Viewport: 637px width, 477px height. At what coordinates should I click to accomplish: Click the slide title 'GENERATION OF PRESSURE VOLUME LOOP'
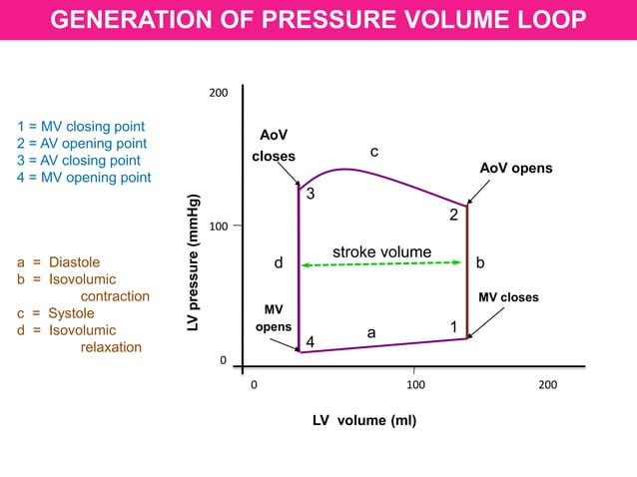point(318,20)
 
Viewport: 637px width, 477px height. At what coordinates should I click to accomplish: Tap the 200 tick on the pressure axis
point(218,93)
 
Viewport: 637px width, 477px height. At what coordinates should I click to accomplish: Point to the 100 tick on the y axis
point(218,228)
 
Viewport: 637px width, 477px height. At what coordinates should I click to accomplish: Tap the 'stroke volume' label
point(381,252)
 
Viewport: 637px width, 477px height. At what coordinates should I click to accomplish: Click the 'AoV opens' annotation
point(515,169)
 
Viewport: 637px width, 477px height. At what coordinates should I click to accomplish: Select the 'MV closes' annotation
point(508,297)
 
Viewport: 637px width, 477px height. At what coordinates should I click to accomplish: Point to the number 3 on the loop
point(311,194)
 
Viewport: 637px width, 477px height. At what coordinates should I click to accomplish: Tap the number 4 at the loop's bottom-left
point(311,342)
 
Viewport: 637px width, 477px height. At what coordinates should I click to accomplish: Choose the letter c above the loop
point(373,152)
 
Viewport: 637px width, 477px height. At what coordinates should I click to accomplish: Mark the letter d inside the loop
point(280,263)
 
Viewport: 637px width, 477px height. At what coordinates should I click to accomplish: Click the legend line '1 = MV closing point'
point(81,127)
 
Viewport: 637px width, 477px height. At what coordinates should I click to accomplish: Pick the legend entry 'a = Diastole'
point(59,262)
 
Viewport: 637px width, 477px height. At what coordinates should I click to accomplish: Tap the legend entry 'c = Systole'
point(56,313)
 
